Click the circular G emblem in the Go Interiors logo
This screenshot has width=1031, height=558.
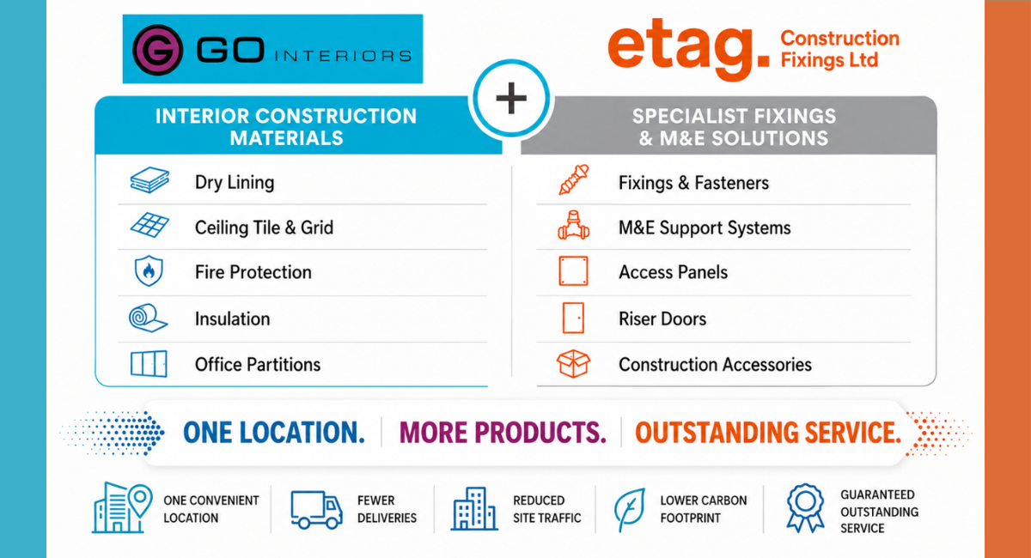pyautogui.click(x=157, y=50)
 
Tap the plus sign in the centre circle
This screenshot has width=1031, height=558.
pyautogui.click(x=511, y=98)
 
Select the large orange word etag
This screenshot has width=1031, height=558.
pyautogui.click(x=688, y=48)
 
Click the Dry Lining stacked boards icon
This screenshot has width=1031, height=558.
pyautogui.click(x=149, y=180)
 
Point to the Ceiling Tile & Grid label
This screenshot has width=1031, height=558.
pyautogui.click(x=264, y=227)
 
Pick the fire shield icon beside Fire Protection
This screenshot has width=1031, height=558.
pyautogui.click(x=149, y=271)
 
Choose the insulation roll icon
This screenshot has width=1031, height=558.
pyautogui.click(x=148, y=318)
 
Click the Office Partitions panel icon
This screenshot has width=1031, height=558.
pyautogui.click(x=149, y=364)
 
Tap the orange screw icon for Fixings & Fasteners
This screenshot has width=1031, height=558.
pyautogui.click(x=574, y=179)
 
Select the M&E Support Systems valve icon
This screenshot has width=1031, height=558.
pyautogui.click(x=574, y=226)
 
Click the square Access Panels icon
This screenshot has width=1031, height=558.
pyautogui.click(x=574, y=271)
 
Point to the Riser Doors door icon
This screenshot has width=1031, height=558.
pyautogui.click(x=574, y=318)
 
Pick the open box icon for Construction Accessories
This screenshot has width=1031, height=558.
pyautogui.click(x=574, y=364)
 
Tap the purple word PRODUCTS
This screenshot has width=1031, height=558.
pyautogui.click(x=540, y=433)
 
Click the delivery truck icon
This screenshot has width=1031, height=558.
pyautogui.click(x=316, y=510)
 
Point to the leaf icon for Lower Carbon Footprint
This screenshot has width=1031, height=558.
pyautogui.click(x=630, y=510)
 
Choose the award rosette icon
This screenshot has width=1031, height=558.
pyautogui.click(x=805, y=508)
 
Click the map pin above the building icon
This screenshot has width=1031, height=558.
pyautogui.click(x=140, y=500)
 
